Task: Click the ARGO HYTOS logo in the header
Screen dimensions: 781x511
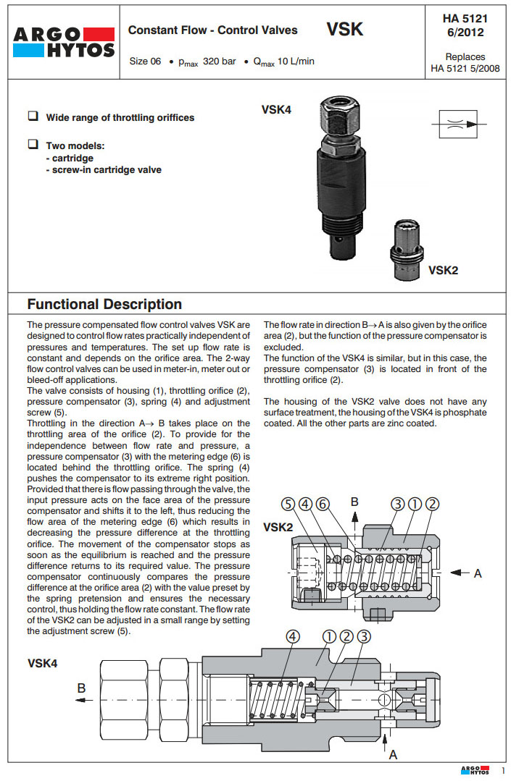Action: tap(64, 43)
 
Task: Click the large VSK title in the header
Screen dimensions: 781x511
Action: tap(344, 30)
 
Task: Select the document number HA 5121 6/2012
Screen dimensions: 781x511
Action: tap(465, 25)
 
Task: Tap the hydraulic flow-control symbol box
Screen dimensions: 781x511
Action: tap(454, 124)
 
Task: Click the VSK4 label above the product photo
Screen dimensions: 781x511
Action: tap(276, 110)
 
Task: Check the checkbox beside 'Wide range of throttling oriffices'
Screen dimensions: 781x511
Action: tap(33, 116)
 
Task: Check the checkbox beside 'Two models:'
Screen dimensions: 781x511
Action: tap(33, 144)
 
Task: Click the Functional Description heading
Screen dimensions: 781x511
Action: tap(104, 304)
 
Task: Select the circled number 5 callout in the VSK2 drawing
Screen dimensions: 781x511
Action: tap(288, 505)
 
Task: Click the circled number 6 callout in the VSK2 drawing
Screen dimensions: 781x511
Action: tap(323, 505)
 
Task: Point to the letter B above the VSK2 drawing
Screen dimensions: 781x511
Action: tap(354, 501)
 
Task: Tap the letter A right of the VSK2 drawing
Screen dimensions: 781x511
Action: tap(478, 573)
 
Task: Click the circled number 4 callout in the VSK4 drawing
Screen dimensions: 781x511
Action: tap(293, 637)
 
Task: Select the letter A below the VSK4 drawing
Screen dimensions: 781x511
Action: tap(394, 754)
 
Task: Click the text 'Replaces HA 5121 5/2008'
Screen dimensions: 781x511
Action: tap(465, 62)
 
